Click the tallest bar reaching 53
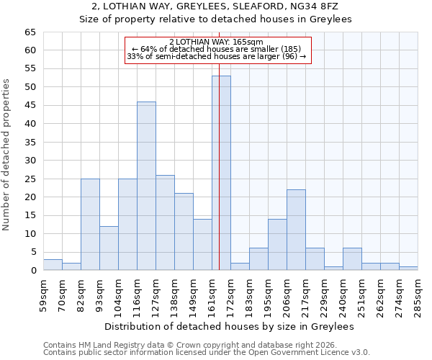[221, 173]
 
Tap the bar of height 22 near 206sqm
[296, 230]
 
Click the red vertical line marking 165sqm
[219, 180]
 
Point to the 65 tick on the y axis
[30, 32]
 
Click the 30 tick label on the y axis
[30, 161]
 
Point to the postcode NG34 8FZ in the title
[322, 6]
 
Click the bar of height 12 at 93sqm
[109, 248]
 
